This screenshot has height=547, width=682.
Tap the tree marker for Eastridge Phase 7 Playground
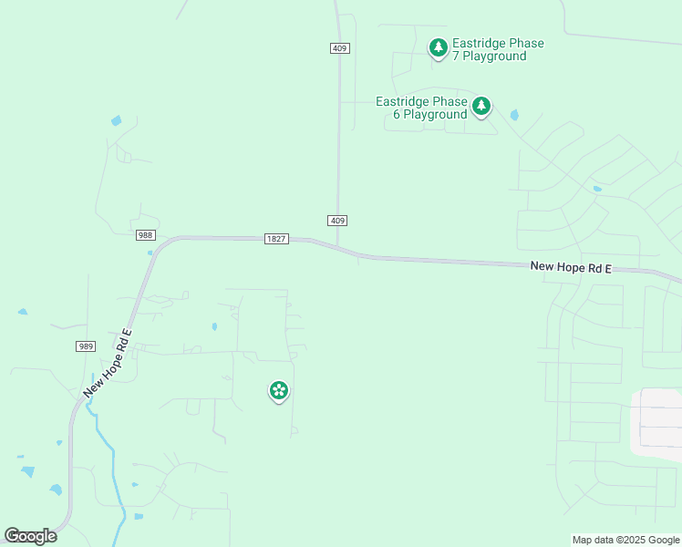pyautogui.click(x=439, y=46)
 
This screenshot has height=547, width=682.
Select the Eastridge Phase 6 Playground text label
pyautogui.click(x=422, y=108)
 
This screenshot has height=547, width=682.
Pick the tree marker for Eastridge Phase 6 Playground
pyautogui.click(x=481, y=106)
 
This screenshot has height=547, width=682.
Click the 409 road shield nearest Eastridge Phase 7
pyautogui.click(x=338, y=47)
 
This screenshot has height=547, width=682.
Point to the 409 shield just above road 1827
pyautogui.click(x=337, y=221)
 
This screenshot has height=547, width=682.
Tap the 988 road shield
pyautogui.click(x=146, y=235)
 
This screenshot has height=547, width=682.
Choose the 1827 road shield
pyautogui.click(x=276, y=239)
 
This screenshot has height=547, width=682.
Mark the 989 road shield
pyautogui.click(x=86, y=346)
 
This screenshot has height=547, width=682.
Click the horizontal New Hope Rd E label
pyautogui.click(x=571, y=268)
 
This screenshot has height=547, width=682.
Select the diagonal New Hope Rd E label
pyautogui.click(x=108, y=362)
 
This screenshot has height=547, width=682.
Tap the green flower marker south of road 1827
pyautogui.click(x=279, y=391)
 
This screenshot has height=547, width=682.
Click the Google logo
pyautogui.click(x=30, y=536)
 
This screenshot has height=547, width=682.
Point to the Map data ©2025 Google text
pyautogui.click(x=625, y=540)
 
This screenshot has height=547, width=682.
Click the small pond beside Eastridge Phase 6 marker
pyautogui.click(x=515, y=115)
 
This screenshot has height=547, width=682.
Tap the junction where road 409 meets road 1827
pyautogui.click(x=338, y=247)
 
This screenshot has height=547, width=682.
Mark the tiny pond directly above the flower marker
pyautogui.click(x=214, y=326)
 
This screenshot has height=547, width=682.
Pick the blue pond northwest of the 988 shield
pyautogui.click(x=116, y=120)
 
